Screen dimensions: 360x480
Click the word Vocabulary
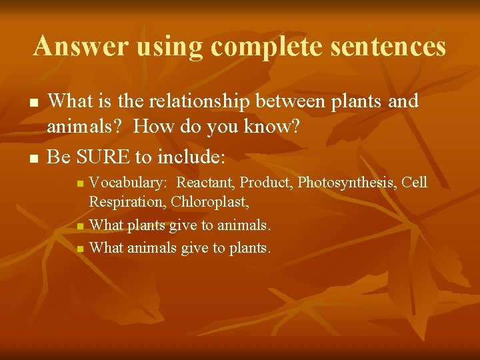[129, 183]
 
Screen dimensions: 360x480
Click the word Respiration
[127, 201]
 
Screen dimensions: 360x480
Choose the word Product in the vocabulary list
[265, 183]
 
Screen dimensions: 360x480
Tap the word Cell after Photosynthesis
[413, 183]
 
